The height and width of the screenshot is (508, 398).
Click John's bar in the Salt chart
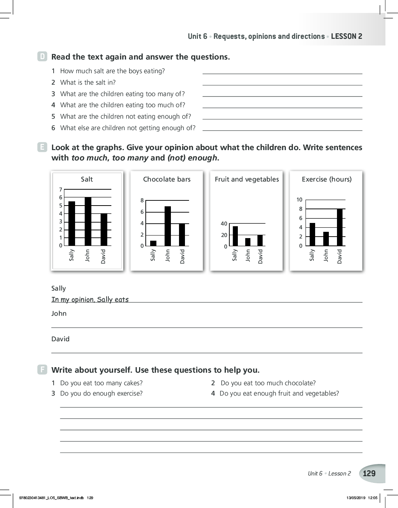(x=88, y=221)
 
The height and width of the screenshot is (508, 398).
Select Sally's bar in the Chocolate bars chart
(x=153, y=243)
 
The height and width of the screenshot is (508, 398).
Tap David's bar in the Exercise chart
(x=340, y=227)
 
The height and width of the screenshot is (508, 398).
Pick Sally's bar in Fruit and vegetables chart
(x=235, y=236)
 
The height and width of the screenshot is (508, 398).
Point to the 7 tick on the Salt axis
(x=61, y=189)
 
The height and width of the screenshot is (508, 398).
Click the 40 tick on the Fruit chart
(x=224, y=223)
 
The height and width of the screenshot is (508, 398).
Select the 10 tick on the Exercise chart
(x=299, y=200)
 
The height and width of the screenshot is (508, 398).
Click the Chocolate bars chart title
(x=167, y=179)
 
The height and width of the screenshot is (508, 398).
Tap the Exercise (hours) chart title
(x=327, y=179)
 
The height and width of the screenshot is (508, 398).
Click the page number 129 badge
(x=370, y=474)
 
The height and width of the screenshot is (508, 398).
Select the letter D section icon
(x=43, y=57)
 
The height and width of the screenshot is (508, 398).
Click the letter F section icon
(x=43, y=370)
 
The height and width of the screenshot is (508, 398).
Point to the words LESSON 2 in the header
(x=347, y=36)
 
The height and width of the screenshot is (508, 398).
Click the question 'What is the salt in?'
(x=88, y=82)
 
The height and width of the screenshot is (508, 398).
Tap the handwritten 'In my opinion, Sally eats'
(x=90, y=299)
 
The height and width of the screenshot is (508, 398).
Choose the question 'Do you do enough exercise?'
(x=101, y=393)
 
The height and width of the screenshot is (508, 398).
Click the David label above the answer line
(x=60, y=339)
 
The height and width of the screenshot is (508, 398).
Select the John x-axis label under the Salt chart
(x=88, y=255)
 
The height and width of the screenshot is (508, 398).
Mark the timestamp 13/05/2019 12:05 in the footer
(x=362, y=498)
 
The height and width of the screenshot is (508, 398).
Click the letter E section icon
(x=43, y=147)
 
